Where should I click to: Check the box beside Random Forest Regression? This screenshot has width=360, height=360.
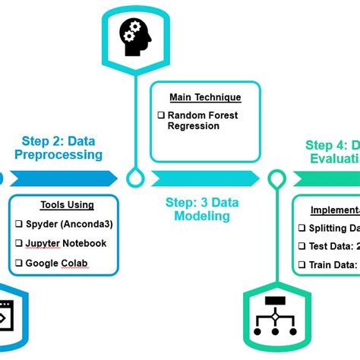tap(161, 115)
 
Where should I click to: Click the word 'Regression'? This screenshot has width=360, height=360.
tap(193, 126)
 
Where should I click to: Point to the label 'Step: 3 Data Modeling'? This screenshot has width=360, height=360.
tap(198, 209)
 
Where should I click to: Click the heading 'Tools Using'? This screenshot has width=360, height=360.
tap(67, 204)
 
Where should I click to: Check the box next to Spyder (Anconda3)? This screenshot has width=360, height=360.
tap(18, 224)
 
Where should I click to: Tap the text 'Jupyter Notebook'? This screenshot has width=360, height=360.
tap(66, 243)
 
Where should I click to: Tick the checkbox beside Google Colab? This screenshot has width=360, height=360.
tap(18, 264)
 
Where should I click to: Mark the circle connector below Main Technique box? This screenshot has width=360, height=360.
tap(135, 178)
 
